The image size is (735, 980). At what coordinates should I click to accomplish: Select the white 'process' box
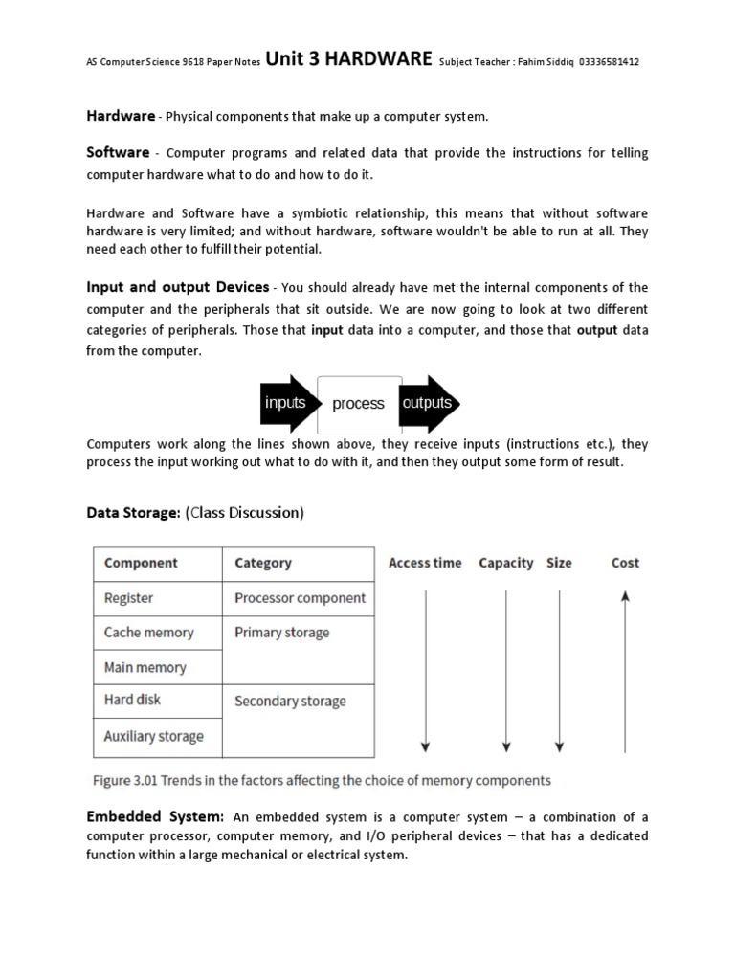tap(359, 404)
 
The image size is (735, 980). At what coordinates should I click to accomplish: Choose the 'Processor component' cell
tap(299, 598)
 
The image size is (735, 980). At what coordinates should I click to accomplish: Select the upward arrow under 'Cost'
tap(625, 670)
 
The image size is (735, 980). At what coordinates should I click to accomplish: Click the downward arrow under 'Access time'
tap(426, 670)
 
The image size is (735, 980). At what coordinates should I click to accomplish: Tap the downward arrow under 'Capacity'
tap(506, 670)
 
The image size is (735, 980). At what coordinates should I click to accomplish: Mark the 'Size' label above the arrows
tap(559, 563)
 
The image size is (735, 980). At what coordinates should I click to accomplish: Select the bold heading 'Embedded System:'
tap(156, 816)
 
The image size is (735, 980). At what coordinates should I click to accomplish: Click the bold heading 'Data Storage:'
tap(133, 513)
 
